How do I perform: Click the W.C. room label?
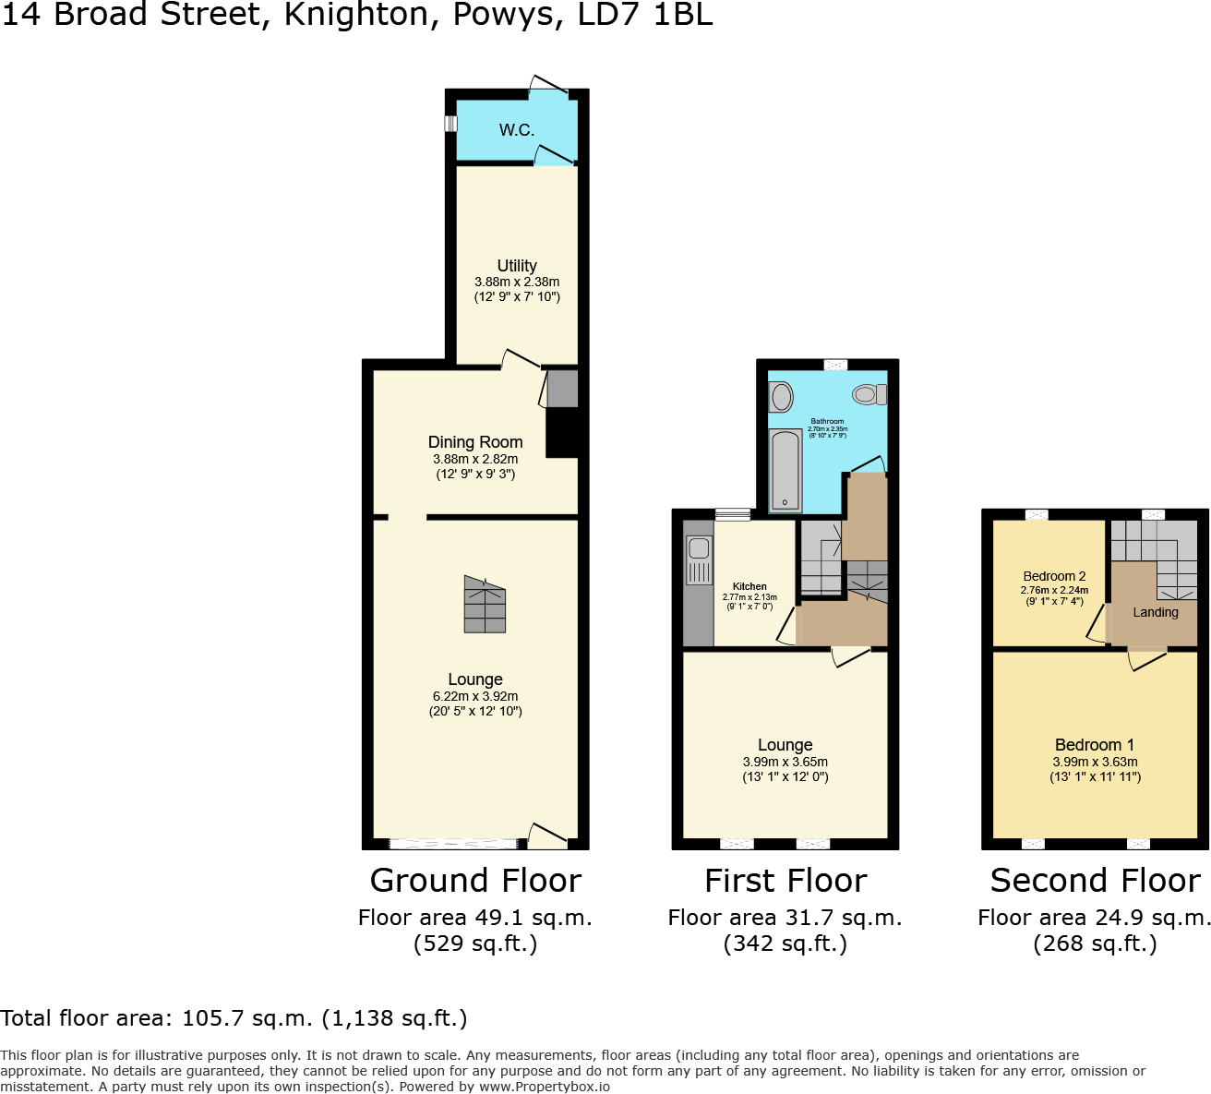pyautogui.click(x=517, y=130)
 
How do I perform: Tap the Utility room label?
pyautogui.click(x=517, y=266)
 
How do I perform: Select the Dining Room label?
pyautogui.click(x=475, y=442)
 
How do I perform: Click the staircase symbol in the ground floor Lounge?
pyautogui.click(x=485, y=605)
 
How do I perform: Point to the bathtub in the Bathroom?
pyautogui.click(x=785, y=470)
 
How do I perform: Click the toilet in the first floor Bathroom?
pyautogui.click(x=869, y=395)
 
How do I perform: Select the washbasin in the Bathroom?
pyautogui.click(x=781, y=398)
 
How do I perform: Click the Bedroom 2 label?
pyautogui.click(x=1054, y=576)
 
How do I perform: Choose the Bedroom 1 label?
pyautogui.click(x=1095, y=745)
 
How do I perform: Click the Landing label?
pyautogui.click(x=1156, y=612)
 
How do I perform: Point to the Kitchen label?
pyautogui.click(x=749, y=586)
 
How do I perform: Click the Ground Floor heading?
pyautogui.click(x=475, y=881)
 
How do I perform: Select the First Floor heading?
pyautogui.click(x=785, y=881)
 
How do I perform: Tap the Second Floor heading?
pyautogui.click(x=1095, y=881)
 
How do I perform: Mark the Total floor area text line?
pyautogui.click(x=234, y=1018)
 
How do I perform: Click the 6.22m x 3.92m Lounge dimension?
pyautogui.click(x=475, y=696)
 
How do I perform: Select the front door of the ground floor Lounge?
pyautogui.click(x=546, y=836)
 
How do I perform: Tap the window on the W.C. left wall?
pyautogui.click(x=450, y=124)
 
